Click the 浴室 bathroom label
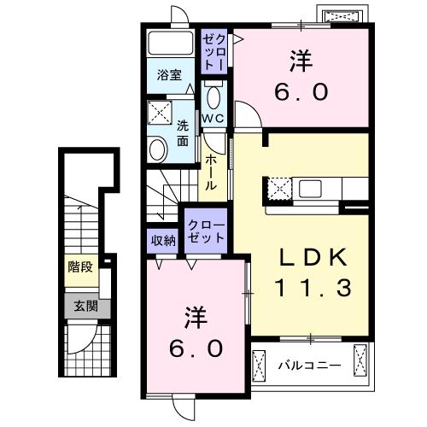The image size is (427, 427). pos(168,75)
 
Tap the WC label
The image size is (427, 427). pos(213,118)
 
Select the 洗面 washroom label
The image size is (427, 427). pos(183,132)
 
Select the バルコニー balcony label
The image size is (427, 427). pos(309,366)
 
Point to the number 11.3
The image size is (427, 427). pos(312,288)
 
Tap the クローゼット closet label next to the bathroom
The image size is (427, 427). pos(213,51)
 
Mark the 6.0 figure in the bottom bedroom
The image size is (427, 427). pos(196,348)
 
